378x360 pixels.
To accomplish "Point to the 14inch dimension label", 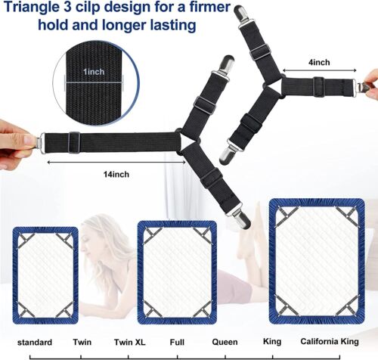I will [116, 175].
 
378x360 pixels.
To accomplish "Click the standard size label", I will [34, 340].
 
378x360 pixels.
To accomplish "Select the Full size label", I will [178, 340].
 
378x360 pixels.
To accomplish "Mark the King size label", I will [271, 340].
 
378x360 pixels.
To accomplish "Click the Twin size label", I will [82, 340].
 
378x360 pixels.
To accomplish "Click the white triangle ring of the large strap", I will [187, 141].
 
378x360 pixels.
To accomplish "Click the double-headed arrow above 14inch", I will [114, 160].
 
